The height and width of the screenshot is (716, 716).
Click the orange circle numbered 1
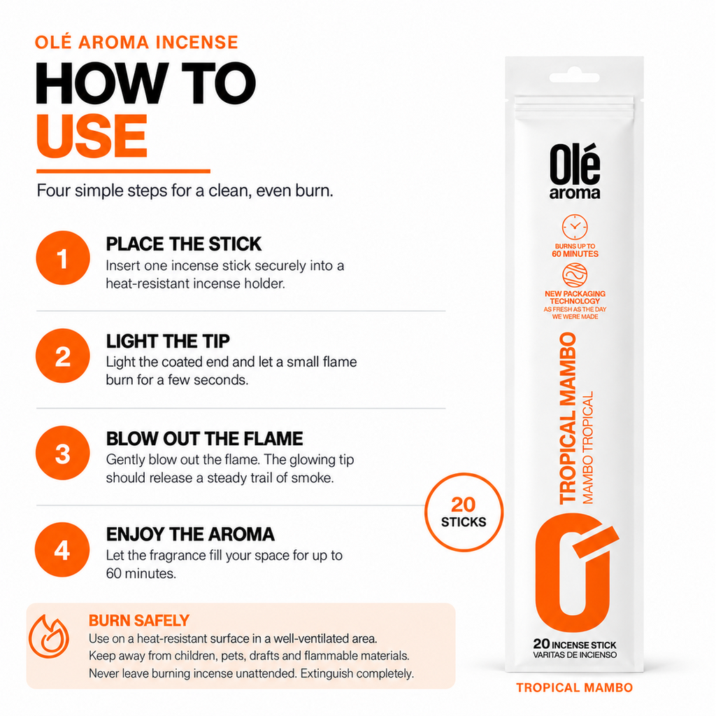click(x=63, y=258)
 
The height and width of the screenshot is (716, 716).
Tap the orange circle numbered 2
click(x=63, y=356)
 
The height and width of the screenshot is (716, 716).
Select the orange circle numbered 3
click(x=63, y=453)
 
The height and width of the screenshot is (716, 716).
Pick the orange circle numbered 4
click(x=62, y=549)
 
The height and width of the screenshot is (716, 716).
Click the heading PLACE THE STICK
click(x=184, y=244)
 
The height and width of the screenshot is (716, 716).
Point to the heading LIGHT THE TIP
click(x=168, y=341)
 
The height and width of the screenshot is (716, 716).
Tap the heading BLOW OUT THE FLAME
click(x=204, y=438)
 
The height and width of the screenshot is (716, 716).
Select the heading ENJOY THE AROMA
click(x=190, y=534)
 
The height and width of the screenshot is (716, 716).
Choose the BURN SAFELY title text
click(x=139, y=620)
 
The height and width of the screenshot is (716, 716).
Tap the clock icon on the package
click(x=575, y=227)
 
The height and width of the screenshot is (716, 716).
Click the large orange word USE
click(x=92, y=136)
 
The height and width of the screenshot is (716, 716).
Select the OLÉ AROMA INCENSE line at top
click(x=136, y=42)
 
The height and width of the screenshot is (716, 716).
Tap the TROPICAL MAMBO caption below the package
click(x=575, y=687)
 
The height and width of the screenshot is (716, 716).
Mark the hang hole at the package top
click(x=575, y=77)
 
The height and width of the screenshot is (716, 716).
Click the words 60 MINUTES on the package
click(x=575, y=254)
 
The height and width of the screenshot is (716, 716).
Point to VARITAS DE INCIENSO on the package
click(x=575, y=654)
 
